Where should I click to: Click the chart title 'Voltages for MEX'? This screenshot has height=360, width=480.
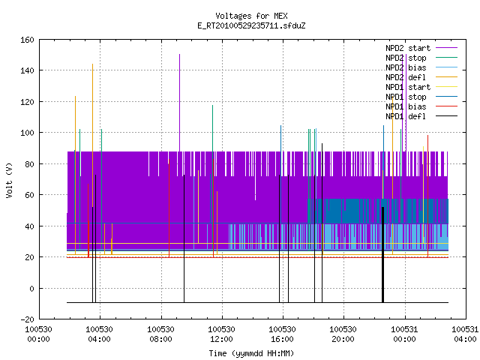251,16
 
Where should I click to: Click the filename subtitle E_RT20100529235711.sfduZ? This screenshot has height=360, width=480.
251,25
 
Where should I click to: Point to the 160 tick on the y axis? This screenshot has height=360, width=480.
27,40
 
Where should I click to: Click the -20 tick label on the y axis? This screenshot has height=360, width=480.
27,319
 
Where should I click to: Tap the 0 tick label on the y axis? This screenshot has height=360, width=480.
31,288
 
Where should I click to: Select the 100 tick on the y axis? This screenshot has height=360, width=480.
27,133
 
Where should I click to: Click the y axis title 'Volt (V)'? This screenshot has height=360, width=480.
9,180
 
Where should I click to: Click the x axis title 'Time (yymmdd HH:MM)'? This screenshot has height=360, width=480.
251,353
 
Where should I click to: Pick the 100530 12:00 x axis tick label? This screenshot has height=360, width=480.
222,334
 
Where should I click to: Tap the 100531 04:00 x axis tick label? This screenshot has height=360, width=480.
465,334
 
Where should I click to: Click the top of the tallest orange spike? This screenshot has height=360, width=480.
93,64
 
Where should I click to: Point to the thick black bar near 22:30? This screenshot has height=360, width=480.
382,255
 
